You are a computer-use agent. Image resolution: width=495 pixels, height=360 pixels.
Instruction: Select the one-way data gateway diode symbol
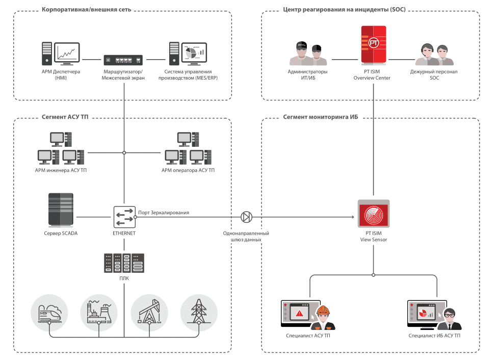click(x=246, y=217)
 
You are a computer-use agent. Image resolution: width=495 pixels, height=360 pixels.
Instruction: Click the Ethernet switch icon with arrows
click(x=124, y=217)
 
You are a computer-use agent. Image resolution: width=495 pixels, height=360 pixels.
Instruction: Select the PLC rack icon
click(x=124, y=263)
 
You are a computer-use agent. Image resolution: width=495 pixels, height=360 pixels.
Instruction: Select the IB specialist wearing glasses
click(x=450, y=319)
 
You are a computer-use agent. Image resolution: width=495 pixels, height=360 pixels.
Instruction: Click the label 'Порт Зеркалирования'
click(x=164, y=212)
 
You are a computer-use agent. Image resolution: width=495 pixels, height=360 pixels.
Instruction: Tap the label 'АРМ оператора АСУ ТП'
click(x=188, y=170)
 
